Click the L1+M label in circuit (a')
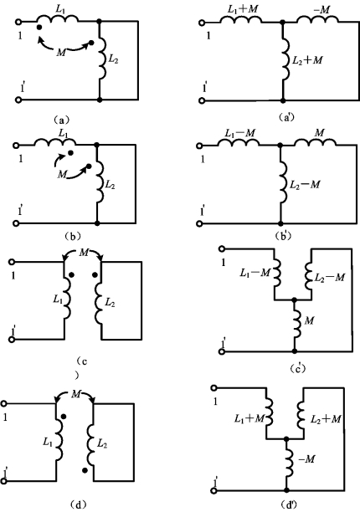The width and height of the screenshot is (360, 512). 243,9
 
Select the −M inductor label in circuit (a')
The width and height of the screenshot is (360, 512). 321,9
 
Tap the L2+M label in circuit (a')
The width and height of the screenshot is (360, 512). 307,60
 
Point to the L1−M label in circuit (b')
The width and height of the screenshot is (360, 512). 240,133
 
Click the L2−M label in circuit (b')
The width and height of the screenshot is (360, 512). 305,185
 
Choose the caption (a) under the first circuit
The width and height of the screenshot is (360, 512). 61,120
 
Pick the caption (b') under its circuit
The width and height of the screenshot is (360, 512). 284,236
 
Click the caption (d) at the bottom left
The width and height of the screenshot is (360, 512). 78,504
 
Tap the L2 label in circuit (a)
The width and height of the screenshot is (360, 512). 113,59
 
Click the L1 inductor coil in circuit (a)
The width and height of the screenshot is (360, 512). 57,19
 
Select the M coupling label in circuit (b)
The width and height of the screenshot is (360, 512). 62,175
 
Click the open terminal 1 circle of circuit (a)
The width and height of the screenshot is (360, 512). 18,22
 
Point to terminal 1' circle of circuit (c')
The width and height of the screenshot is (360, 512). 222,351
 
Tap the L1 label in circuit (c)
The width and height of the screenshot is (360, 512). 58,299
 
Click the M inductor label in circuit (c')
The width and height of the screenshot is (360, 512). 309,320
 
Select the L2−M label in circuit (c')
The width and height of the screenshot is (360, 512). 330,277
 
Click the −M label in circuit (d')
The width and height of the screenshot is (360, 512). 306,459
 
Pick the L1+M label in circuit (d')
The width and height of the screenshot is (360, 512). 249,418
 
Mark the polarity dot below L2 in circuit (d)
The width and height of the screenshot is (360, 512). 85,470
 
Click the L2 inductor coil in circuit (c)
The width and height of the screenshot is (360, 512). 99,302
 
